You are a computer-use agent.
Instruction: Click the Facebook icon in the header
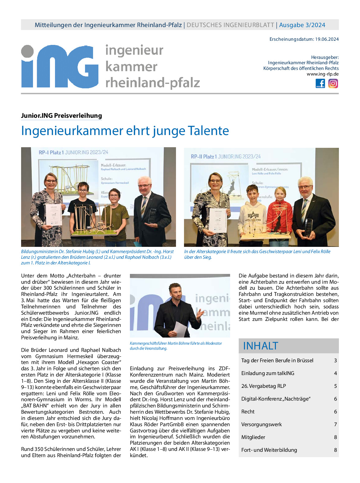[320, 83]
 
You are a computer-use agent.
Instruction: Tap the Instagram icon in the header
[333, 83]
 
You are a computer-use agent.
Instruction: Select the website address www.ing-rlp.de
[323, 74]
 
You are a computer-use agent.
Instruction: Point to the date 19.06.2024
[327, 39]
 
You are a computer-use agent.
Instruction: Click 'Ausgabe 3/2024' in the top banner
[302, 25]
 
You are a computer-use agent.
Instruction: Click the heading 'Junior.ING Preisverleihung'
[62, 116]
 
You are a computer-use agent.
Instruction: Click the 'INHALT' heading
[260, 346]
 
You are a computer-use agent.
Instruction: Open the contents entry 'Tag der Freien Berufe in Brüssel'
[277, 360]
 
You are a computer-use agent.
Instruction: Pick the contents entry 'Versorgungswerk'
[261, 424]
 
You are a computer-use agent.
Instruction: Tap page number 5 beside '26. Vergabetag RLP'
[335, 386]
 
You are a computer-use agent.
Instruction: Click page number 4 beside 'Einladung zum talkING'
[335, 373]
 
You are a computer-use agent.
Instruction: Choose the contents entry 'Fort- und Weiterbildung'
[269, 450]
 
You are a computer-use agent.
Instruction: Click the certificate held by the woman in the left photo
[54, 214]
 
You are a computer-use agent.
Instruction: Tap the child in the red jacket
[280, 208]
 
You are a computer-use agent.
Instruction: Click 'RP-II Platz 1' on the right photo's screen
[204, 157]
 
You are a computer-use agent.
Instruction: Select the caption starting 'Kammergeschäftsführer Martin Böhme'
[176, 346]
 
